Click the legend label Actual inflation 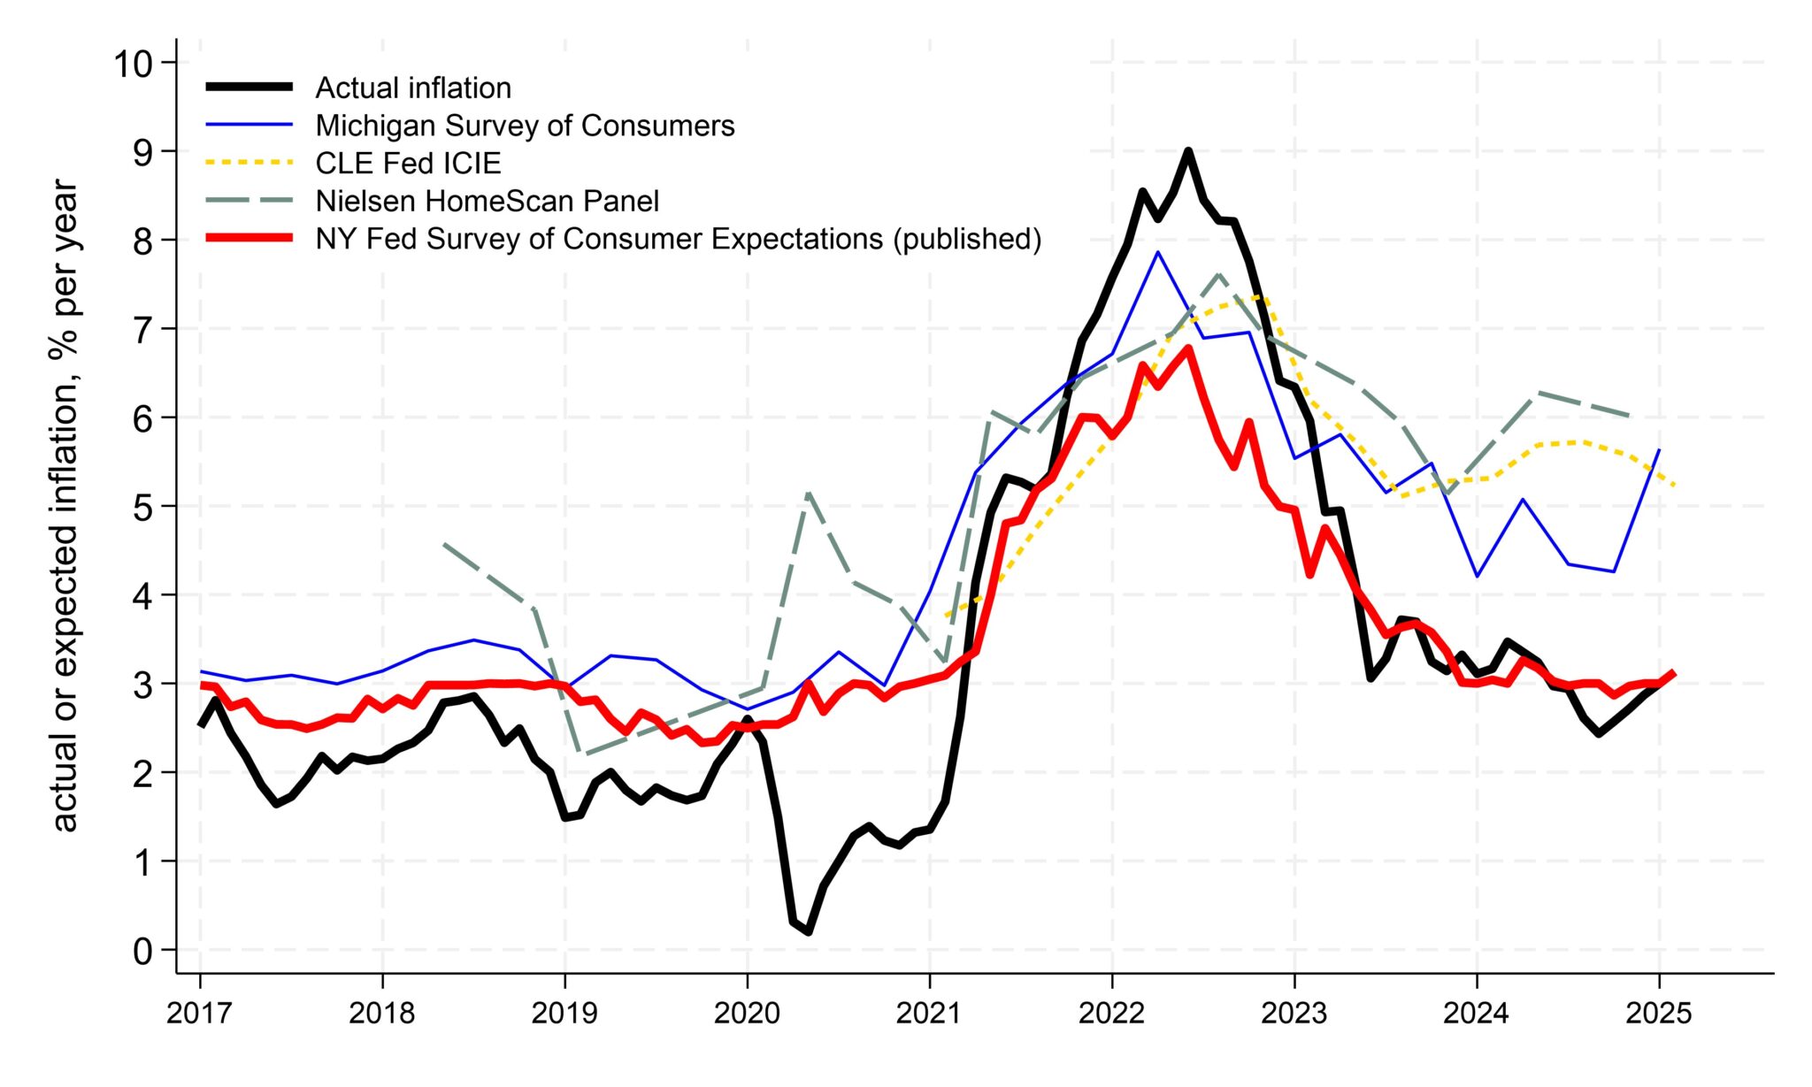click(413, 88)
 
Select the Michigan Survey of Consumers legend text click(525, 126)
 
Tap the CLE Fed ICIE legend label click(408, 163)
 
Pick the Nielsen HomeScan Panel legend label click(487, 201)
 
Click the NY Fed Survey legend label click(678, 239)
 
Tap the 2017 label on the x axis click(200, 1014)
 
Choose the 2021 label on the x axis click(929, 1014)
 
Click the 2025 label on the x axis click(1658, 1014)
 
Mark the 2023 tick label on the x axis click(1294, 1014)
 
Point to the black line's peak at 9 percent click(1188, 151)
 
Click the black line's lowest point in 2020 click(809, 931)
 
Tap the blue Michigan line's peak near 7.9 click(1157, 252)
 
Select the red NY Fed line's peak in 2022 click(1188, 348)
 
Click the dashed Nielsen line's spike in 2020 click(809, 493)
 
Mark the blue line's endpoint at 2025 click(1658, 449)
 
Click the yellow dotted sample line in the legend click(249, 163)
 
